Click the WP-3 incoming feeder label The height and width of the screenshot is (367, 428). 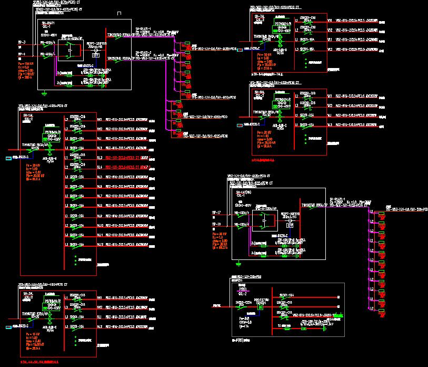tap(22, 42)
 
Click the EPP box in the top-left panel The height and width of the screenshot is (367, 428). tap(96, 54)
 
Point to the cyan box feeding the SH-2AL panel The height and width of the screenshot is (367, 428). tap(9, 327)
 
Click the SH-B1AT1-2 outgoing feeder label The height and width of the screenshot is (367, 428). tap(143, 53)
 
